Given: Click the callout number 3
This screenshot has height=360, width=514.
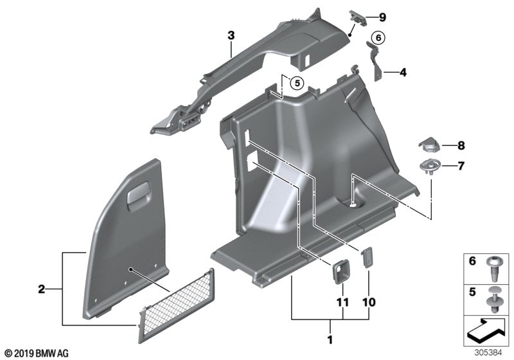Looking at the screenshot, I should coord(231,35).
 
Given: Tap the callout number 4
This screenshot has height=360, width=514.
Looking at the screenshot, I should coord(403,73).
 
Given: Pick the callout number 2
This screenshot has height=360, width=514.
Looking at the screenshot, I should coord(41,290).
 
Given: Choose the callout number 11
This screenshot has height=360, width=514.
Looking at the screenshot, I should coord(342,301).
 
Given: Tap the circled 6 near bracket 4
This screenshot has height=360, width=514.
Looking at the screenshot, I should coord(378,38).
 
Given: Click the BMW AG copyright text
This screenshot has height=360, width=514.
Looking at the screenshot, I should coord(35,353).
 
